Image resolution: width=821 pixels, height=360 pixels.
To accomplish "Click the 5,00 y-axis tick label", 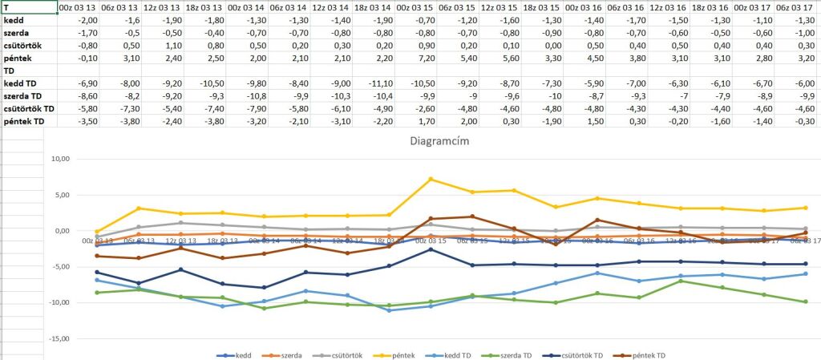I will pyautogui.click(x=58, y=195).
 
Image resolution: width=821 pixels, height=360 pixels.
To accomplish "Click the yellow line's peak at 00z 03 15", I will pyautogui.click(x=431, y=179).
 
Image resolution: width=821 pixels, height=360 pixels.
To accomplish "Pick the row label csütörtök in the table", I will pyautogui.click(x=23, y=45).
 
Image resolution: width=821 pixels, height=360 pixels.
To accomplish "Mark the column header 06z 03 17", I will pyautogui.click(x=795, y=6).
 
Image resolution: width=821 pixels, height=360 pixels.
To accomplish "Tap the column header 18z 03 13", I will pyautogui.click(x=204, y=6).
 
